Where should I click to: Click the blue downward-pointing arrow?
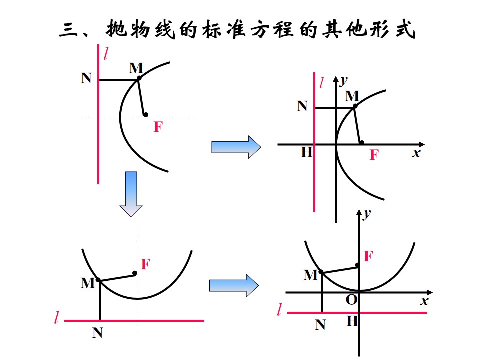(x=131, y=194)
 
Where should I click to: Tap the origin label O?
(x=351, y=300)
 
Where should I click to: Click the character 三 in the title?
(x=68, y=30)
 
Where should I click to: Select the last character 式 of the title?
(x=405, y=29)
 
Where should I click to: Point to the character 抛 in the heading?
(x=116, y=29)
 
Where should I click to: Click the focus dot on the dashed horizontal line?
(x=146, y=115)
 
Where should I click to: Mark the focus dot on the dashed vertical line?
(x=135, y=273)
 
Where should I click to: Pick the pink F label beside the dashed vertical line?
(x=145, y=264)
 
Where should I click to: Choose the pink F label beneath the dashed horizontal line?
(x=158, y=127)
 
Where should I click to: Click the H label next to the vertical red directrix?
(x=306, y=152)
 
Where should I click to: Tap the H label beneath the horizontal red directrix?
(x=352, y=321)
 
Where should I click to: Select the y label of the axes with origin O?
(x=367, y=214)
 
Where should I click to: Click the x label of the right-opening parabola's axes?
(x=416, y=153)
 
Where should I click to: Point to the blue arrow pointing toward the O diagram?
(x=234, y=285)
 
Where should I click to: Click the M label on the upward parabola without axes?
(x=88, y=283)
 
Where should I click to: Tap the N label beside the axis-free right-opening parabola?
(x=86, y=78)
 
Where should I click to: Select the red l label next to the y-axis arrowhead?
(x=321, y=82)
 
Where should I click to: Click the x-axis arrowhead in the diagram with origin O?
(x=429, y=292)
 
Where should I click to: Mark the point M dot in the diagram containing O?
(x=321, y=272)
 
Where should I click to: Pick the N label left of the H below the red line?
(x=320, y=325)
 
